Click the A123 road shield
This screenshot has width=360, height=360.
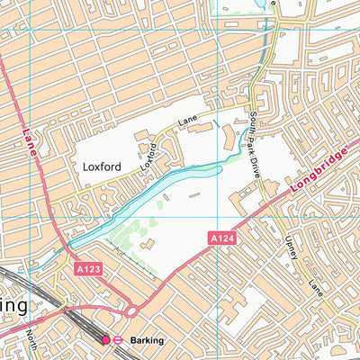88,267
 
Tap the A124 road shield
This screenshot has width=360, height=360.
223,238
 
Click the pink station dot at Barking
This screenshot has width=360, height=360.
106,340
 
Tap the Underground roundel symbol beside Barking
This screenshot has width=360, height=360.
117,340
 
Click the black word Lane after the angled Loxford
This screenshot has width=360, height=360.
186,121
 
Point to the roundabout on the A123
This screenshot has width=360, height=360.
131,311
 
